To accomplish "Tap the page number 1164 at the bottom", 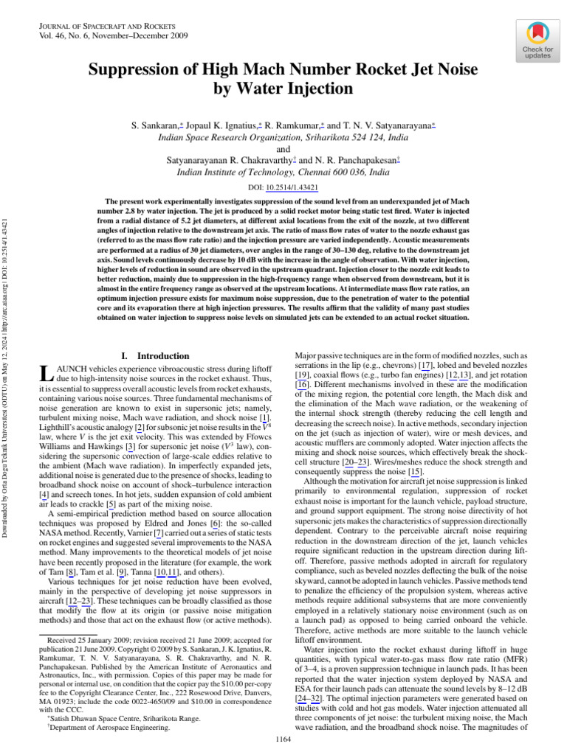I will (x=283, y=739).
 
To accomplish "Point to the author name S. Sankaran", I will (x=157, y=126).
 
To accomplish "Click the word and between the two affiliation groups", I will (x=283, y=148).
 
